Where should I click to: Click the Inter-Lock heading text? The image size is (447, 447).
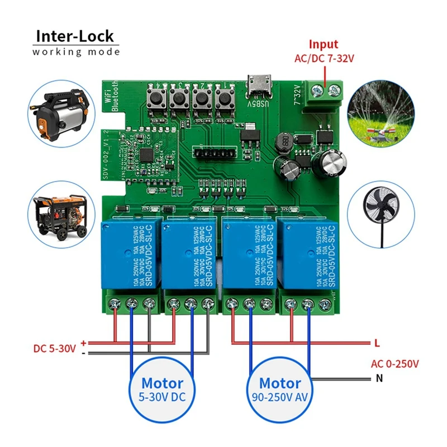point(75,36)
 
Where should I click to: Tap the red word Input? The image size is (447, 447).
point(324,45)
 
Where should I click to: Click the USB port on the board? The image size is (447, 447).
point(258,85)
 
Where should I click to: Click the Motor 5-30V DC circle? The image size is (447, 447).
point(162,391)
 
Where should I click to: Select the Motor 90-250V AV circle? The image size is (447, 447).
point(280,391)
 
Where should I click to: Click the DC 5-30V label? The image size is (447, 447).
point(54,349)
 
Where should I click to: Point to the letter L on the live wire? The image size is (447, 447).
point(378,342)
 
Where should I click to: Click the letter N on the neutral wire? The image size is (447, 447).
point(379,378)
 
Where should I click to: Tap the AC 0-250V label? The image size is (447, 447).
point(394,364)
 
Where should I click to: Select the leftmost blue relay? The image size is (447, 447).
point(128,255)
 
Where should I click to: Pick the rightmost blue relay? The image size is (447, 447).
point(308,255)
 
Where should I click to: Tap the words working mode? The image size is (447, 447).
point(76,52)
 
